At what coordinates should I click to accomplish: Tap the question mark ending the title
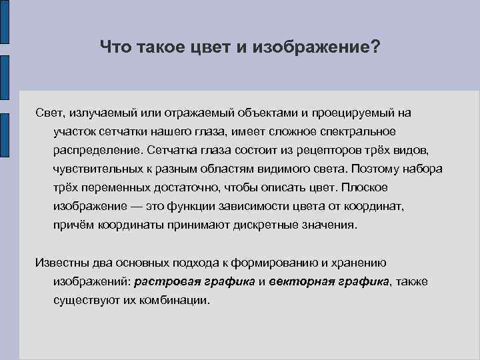point(375,47)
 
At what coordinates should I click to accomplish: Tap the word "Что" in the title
point(115,47)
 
